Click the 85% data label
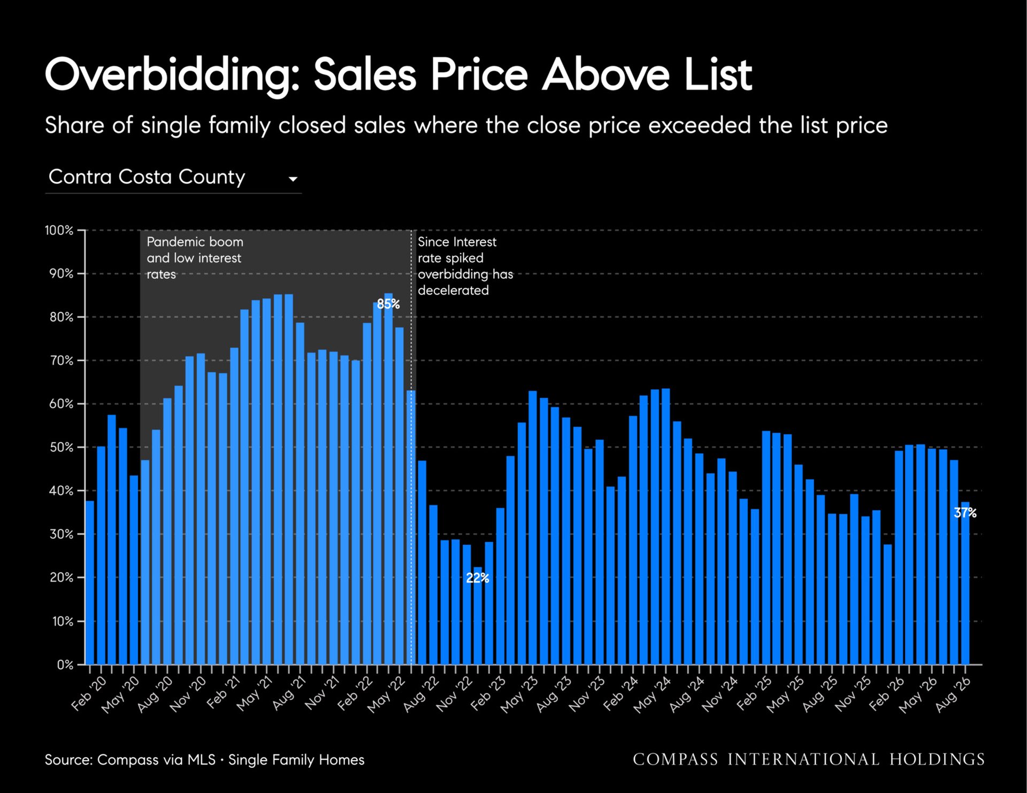388,304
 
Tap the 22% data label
477,578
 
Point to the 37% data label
965,513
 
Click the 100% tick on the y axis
59,230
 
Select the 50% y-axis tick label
61,448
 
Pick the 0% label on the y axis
65,665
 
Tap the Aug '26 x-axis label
953,694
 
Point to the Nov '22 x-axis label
455,694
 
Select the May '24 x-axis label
652,694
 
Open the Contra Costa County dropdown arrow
293,179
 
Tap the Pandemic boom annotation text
195,258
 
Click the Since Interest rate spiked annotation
465,266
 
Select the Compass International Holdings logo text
808,759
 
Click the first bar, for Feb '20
89,583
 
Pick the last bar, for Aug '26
965,583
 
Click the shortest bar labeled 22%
477,616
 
